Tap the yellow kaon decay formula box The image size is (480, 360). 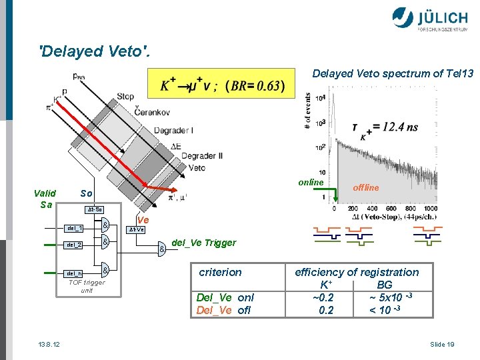point(222,86)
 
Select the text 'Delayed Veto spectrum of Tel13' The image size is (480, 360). point(393,73)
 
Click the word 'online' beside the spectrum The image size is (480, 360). point(311,183)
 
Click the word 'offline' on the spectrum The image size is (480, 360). point(366,188)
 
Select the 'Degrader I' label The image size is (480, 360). point(173,131)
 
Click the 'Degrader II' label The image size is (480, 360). point(201,156)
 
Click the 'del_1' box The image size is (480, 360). point(75,228)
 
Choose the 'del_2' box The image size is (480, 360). point(75,245)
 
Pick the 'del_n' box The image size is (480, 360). point(75,273)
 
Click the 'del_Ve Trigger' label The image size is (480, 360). point(203,243)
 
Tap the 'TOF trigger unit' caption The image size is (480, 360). point(87,286)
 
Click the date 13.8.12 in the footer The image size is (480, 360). point(49,344)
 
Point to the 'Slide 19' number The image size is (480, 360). point(442,344)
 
